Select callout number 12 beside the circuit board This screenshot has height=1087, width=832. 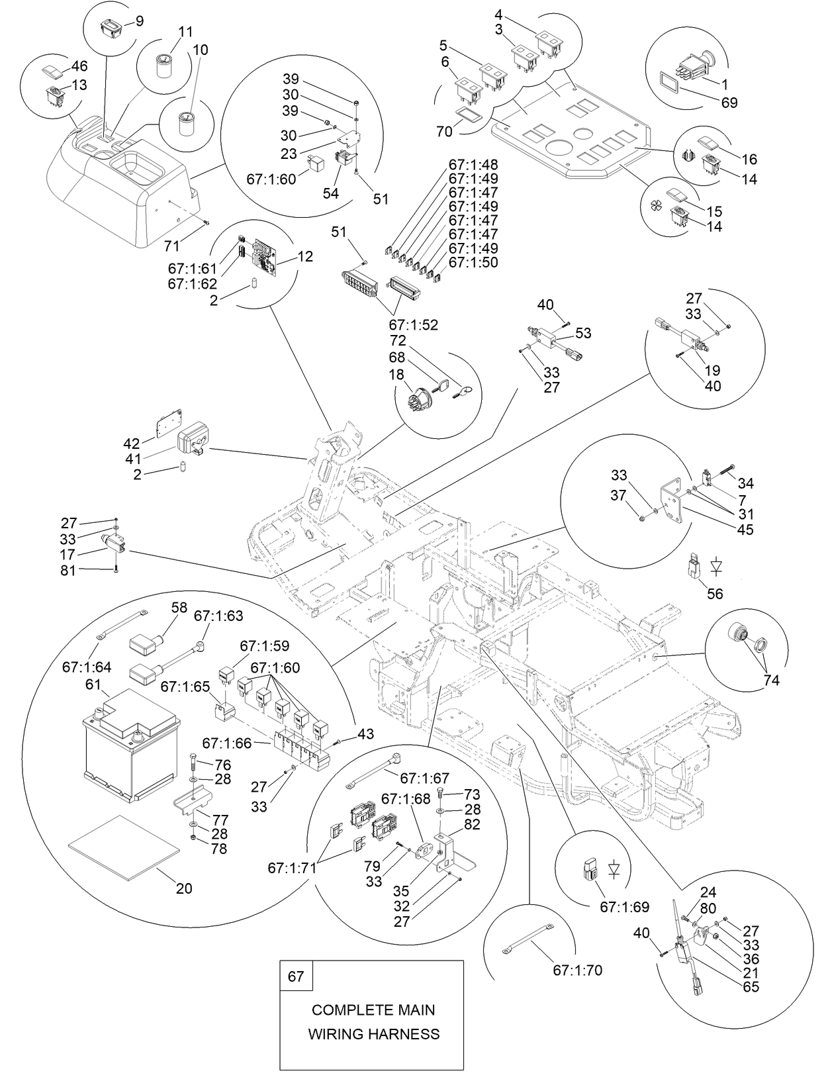click(306, 256)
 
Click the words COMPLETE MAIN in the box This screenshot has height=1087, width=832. click(373, 1010)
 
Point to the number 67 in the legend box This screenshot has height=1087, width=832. click(296, 976)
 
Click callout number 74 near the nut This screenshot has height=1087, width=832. click(770, 680)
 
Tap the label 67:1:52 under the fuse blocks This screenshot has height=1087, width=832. click(413, 325)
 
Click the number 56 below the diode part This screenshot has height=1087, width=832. click(715, 593)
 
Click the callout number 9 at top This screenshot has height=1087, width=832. click(139, 21)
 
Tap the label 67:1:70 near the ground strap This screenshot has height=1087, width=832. click(577, 970)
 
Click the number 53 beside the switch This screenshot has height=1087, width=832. click(583, 333)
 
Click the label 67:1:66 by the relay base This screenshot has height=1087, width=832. click(226, 743)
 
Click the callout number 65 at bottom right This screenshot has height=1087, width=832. click(751, 987)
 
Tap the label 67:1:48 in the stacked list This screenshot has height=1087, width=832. click(473, 164)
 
